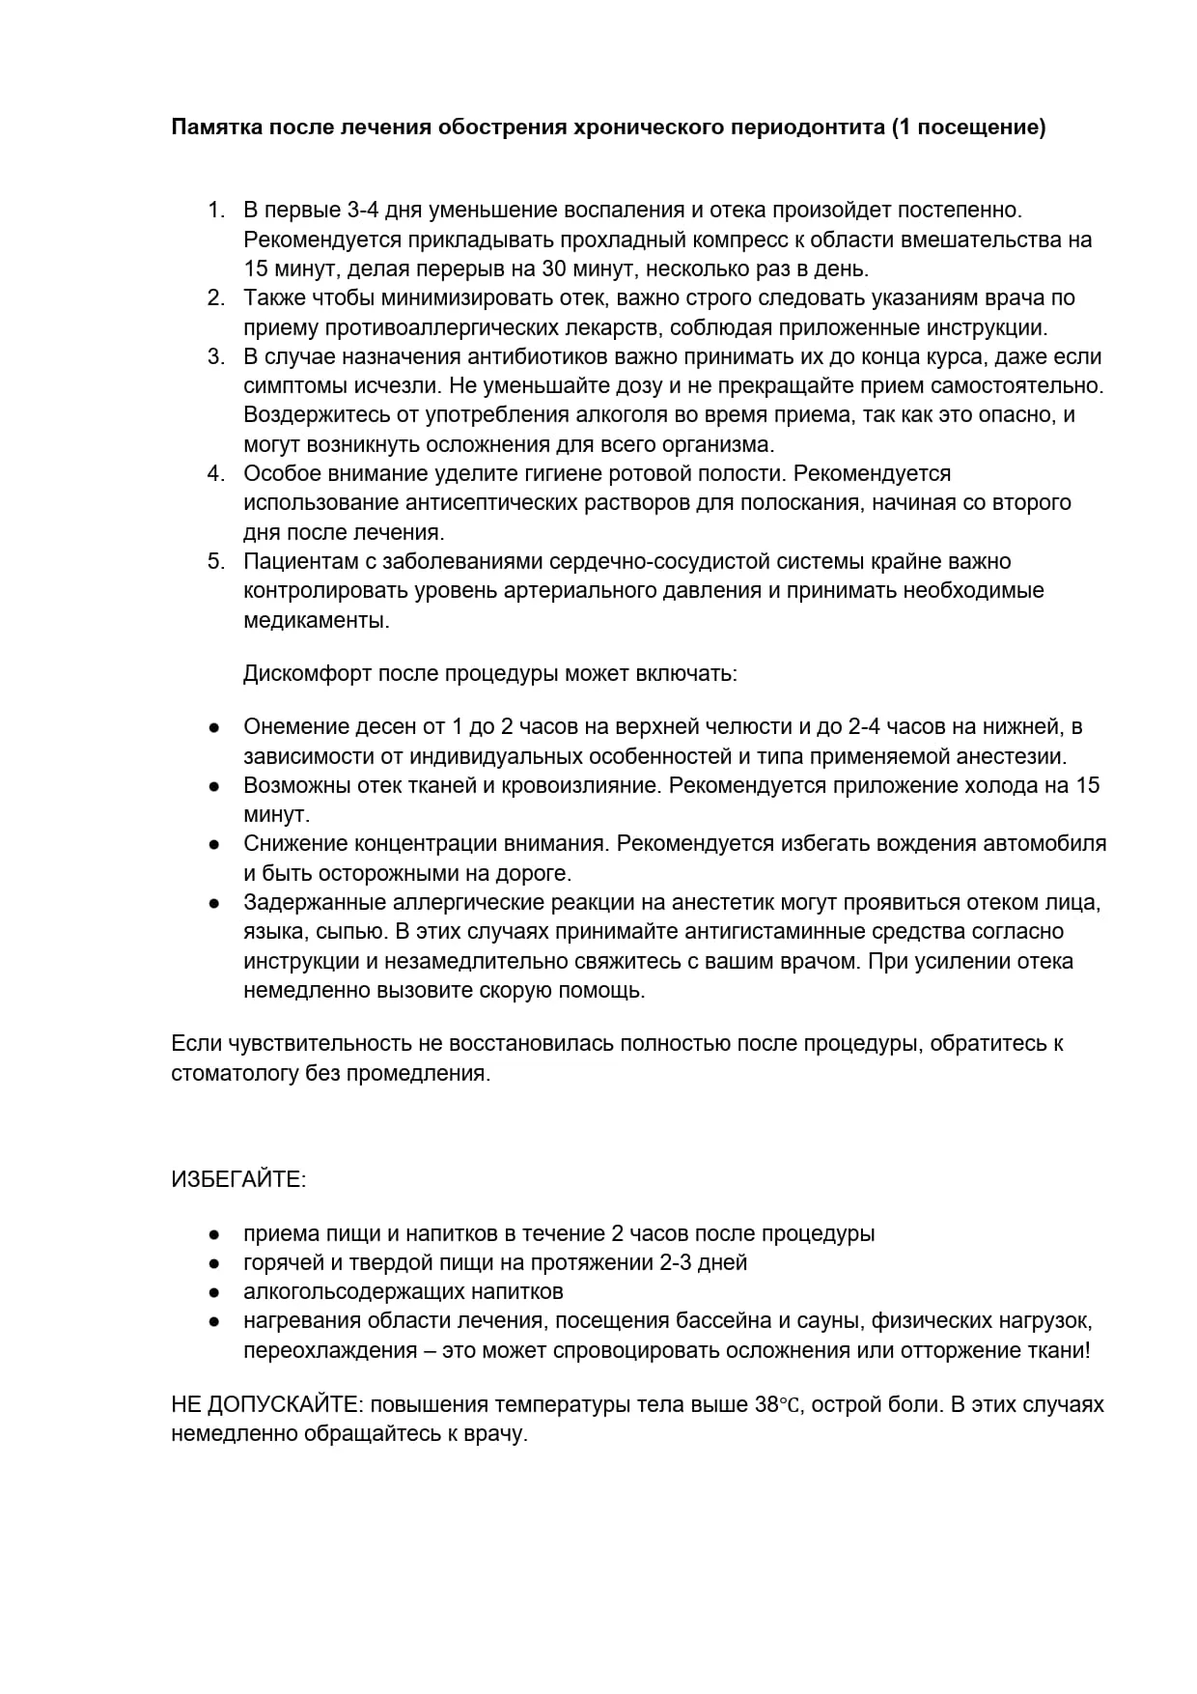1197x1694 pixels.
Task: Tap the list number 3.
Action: pos(216,356)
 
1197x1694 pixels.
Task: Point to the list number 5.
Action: pos(216,561)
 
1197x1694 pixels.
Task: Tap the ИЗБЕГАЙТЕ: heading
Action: pos(238,1179)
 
